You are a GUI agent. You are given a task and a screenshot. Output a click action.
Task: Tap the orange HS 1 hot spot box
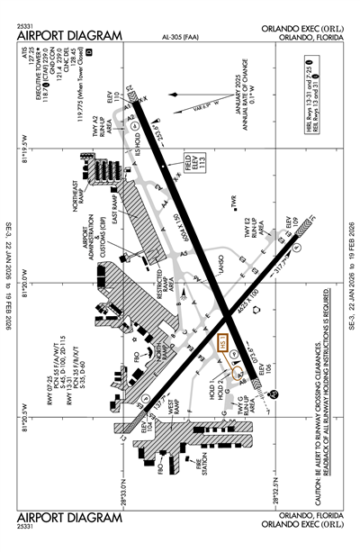tap(225, 345)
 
